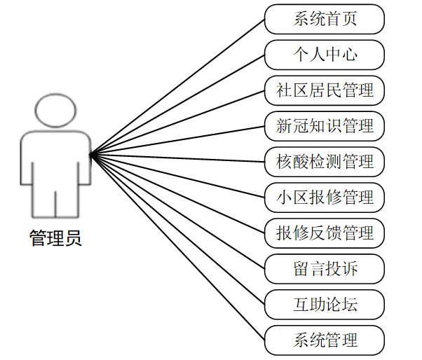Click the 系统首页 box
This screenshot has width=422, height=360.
[325, 19]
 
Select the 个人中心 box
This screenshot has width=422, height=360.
[325, 55]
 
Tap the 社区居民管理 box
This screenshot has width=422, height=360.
[325, 90]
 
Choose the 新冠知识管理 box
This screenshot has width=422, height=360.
[325, 126]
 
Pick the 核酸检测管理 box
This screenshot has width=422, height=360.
[325, 162]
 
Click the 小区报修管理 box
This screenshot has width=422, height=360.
[325, 198]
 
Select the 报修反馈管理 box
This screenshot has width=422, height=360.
[325, 232]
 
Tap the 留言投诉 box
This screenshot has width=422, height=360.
[325, 269]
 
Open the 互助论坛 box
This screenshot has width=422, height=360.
[325, 305]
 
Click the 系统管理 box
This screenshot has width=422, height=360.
[325, 340]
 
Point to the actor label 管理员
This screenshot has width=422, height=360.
[55, 238]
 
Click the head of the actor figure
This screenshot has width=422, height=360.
[55, 111]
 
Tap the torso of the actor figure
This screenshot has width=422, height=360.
[55, 161]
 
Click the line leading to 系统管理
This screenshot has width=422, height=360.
[178, 247]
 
